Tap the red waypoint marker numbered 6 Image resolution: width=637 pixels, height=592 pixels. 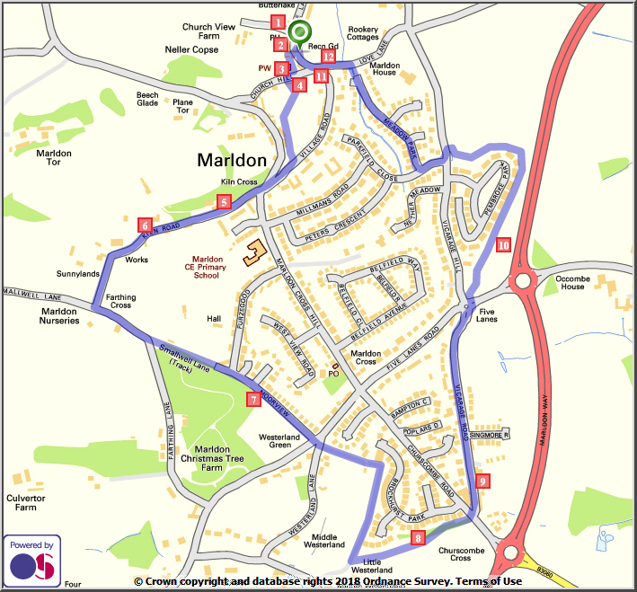[x=145, y=225]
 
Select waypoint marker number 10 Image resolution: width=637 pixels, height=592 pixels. [x=503, y=243]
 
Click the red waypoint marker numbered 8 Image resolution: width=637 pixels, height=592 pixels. [x=417, y=538]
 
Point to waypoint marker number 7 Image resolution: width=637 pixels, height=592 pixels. [x=254, y=399]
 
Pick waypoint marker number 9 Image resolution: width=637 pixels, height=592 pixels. [x=483, y=482]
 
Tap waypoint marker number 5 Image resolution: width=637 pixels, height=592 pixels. [x=224, y=203]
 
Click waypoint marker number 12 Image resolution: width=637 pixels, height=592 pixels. [x=328, y=57]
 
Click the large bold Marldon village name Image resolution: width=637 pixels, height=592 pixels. [x=232, y=161]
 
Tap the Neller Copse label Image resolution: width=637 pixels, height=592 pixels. [x=191, y=50]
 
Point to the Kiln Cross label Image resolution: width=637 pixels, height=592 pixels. [x=240, y=182]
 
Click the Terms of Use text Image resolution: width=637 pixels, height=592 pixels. [x=488, y=582]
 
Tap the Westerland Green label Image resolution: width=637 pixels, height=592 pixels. [x=279, y=440]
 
